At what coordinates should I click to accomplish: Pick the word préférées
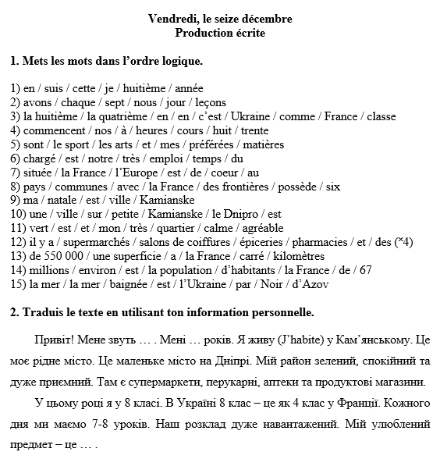click(209, 144)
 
